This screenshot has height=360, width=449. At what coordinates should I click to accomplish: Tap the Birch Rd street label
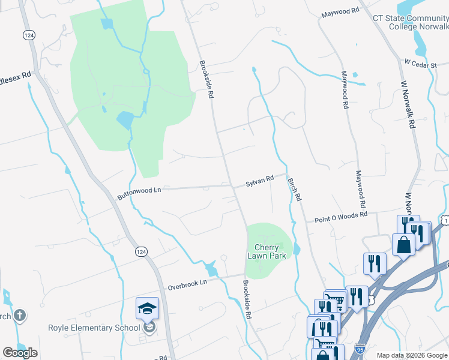(x=294, y=189)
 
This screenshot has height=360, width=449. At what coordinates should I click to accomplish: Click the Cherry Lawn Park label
(x=266, y=251)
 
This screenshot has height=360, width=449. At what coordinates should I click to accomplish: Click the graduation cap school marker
(x=147, y=308)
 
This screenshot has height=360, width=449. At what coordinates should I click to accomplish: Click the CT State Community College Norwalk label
(x=411, y=22)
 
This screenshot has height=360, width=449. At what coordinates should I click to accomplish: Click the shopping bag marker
(x=403, y=244)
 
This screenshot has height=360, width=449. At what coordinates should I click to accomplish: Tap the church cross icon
(x=19, y=315)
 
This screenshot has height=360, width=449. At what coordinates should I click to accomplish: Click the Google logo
(x=20, y=353)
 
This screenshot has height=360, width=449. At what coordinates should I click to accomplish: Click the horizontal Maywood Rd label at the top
(x=340, y=11)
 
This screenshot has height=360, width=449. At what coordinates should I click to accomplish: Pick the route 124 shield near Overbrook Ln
(x=141, y=251)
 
